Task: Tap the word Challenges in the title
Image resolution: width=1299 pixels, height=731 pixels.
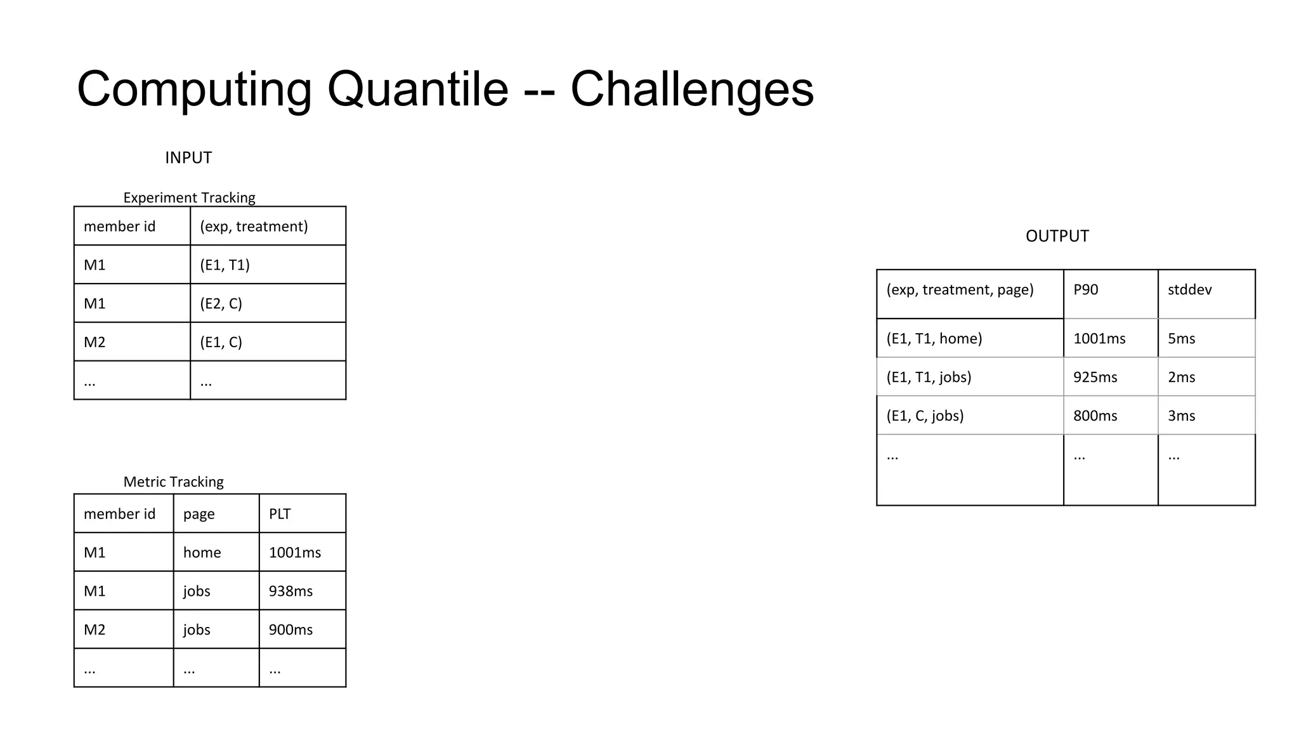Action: (692, 89)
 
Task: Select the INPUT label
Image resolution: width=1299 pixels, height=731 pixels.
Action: (188, 157)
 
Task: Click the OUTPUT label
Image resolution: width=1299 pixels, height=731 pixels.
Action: (1057, 236)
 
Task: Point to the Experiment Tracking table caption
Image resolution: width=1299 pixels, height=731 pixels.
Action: (189, 197)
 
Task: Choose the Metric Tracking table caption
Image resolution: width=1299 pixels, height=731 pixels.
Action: (173, 482)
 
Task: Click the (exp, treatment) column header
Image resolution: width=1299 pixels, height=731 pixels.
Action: (254, 227)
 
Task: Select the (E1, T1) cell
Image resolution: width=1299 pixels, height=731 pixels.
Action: (225, 265)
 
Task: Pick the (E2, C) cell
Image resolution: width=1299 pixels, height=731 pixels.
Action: (221, 303)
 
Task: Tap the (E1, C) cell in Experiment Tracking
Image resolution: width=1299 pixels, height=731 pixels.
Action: (221, 342)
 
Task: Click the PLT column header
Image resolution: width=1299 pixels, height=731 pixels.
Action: (280, 514)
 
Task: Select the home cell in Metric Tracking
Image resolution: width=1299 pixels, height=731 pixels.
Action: (202, 553)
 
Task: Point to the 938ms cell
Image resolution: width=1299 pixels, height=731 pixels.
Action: (290, 591)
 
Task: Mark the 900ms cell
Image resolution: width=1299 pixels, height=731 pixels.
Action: (290, 629)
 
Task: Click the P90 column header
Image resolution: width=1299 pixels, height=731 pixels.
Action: (1085, 290)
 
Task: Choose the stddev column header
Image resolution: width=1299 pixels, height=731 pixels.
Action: (1189, 290)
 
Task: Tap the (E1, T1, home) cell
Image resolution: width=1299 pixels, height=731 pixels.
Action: (934, 339)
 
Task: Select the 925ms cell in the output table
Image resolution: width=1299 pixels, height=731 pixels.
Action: (1095, 378)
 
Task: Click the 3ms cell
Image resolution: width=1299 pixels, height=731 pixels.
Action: (1181, 416)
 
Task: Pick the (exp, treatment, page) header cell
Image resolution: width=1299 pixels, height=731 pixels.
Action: (960, 290)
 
